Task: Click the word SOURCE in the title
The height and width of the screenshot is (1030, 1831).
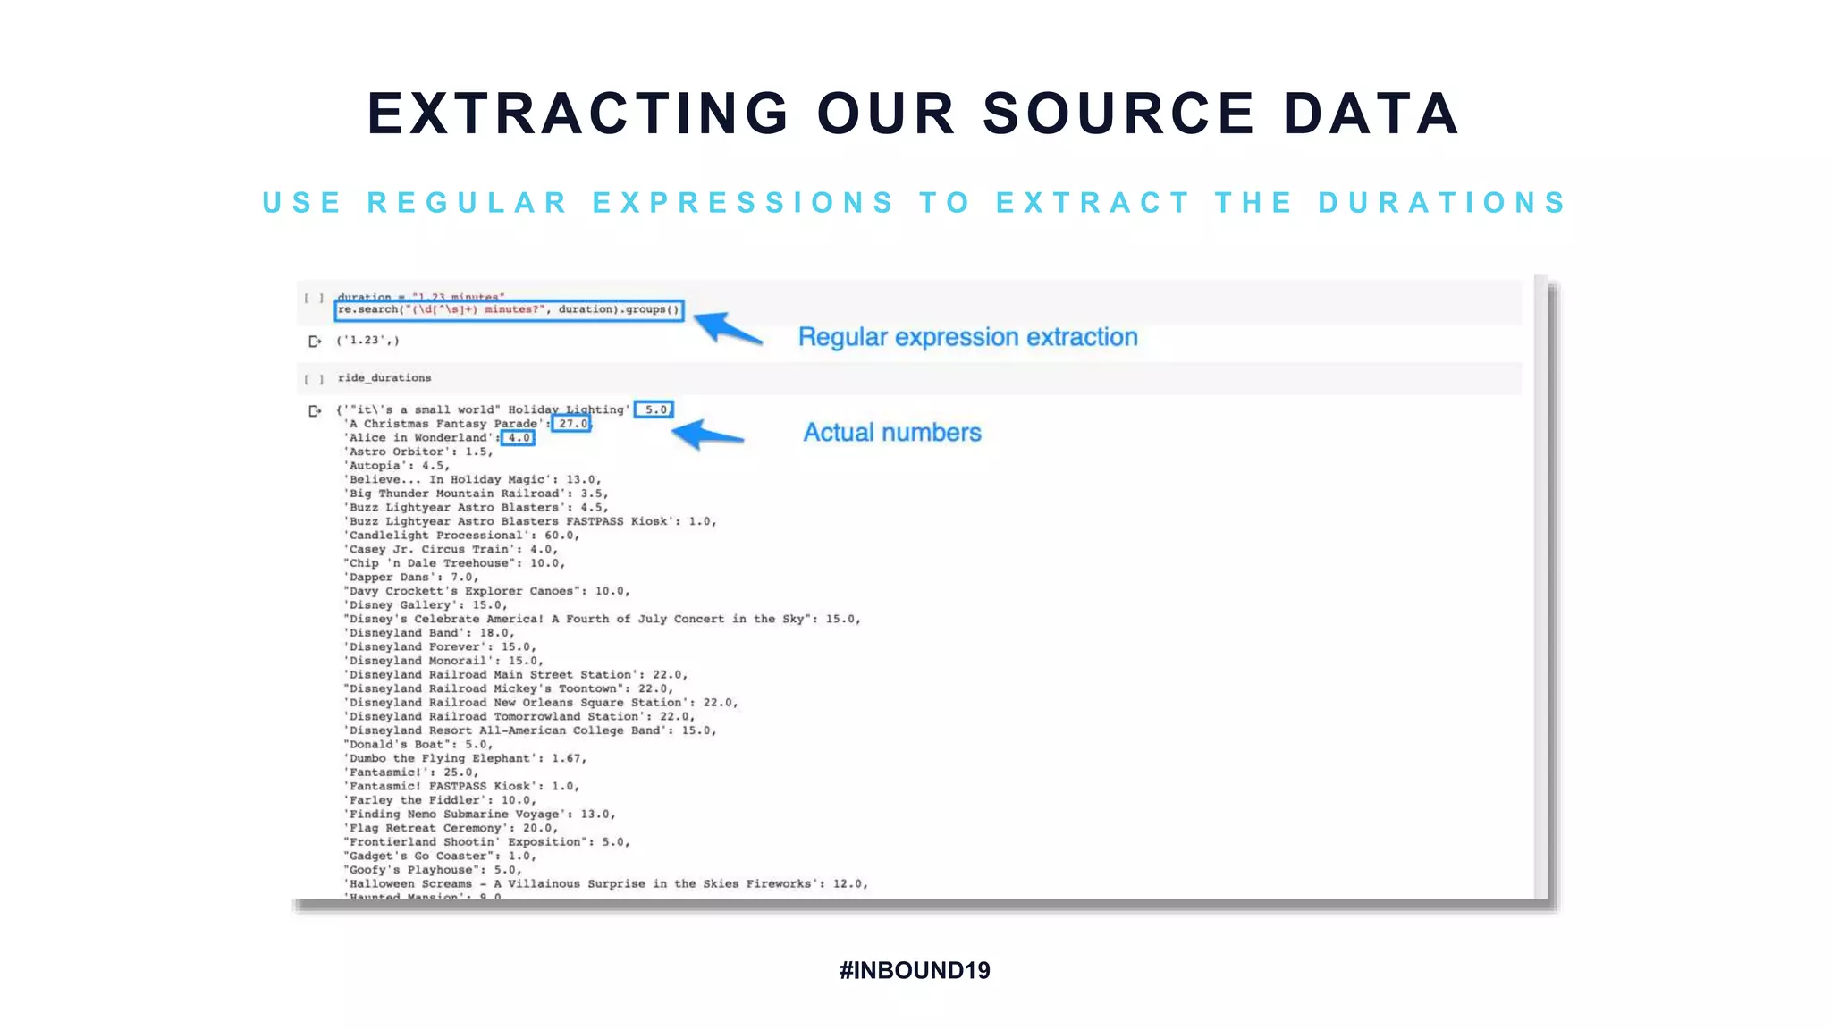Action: pyautogui.click(x=1118, y=114)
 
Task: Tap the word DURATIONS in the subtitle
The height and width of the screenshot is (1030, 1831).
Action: pyautogui.click(x=1442, y=203)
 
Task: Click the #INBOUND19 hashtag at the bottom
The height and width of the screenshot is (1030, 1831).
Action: pyautogui.click(x=915, y=970)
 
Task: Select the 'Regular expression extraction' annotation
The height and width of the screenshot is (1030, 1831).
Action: pyautogui.click(x=967, y=337)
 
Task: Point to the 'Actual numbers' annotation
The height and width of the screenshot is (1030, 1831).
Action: pyautogui.click(x=891, y=433)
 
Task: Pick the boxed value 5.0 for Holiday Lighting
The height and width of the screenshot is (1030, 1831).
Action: pyautogui.click(x=655, y=409)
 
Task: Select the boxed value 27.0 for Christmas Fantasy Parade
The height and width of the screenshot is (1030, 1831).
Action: pyautogui.click(x=572, y=424)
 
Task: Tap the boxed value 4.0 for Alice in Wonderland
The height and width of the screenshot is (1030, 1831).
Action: pyautogui.click(x=519, y=438)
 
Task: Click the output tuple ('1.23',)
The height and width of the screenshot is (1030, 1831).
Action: pyautogui.click(x=367, y=341)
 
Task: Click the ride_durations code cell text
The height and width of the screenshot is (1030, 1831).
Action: pyautogui.click(x=384, y=378)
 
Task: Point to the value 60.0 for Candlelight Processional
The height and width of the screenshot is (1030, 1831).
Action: pyautogui.click(x=560, y=536)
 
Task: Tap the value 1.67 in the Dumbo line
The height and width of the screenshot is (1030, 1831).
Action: pyautogui.click(x=567, y=758)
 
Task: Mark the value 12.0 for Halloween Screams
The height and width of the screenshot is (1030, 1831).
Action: pyautogui.click(x=848, y=883)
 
